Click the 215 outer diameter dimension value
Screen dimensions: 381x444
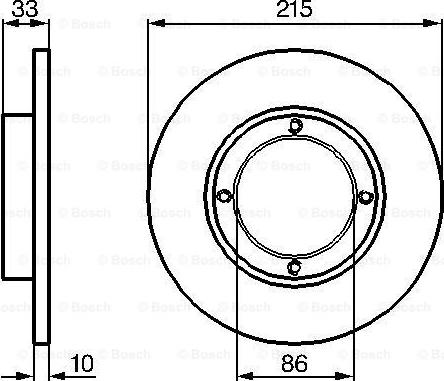pos(295,11)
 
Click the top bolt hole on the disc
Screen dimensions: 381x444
pos(295,126)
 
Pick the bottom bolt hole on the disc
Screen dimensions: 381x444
pos(295,266)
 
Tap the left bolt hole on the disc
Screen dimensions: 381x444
pos(225,196)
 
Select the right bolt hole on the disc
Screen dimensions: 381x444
pos(365,196)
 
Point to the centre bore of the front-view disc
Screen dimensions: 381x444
pos(295,196)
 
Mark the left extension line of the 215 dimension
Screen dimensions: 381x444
pos(149,100)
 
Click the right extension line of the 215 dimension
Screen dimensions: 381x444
pos(441,100)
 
